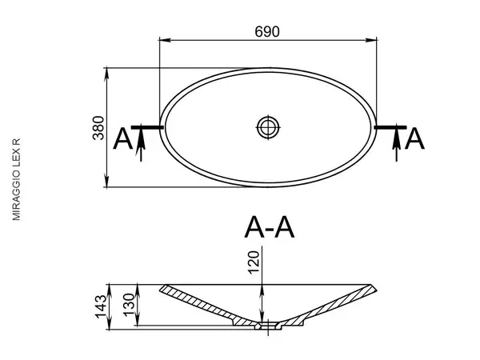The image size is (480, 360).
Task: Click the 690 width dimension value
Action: (267, 32)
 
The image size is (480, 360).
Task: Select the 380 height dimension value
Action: (98, 128)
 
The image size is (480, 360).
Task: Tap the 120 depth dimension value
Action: (254, 262)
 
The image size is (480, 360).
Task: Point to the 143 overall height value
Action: (101, 306)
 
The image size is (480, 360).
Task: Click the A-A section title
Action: (270, 227)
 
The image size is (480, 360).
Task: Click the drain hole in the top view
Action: (268, 127)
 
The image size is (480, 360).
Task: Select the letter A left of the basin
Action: (122, 139)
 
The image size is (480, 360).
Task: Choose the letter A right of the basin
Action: (414, 139)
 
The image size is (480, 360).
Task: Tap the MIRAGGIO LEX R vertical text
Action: (16, 179)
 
